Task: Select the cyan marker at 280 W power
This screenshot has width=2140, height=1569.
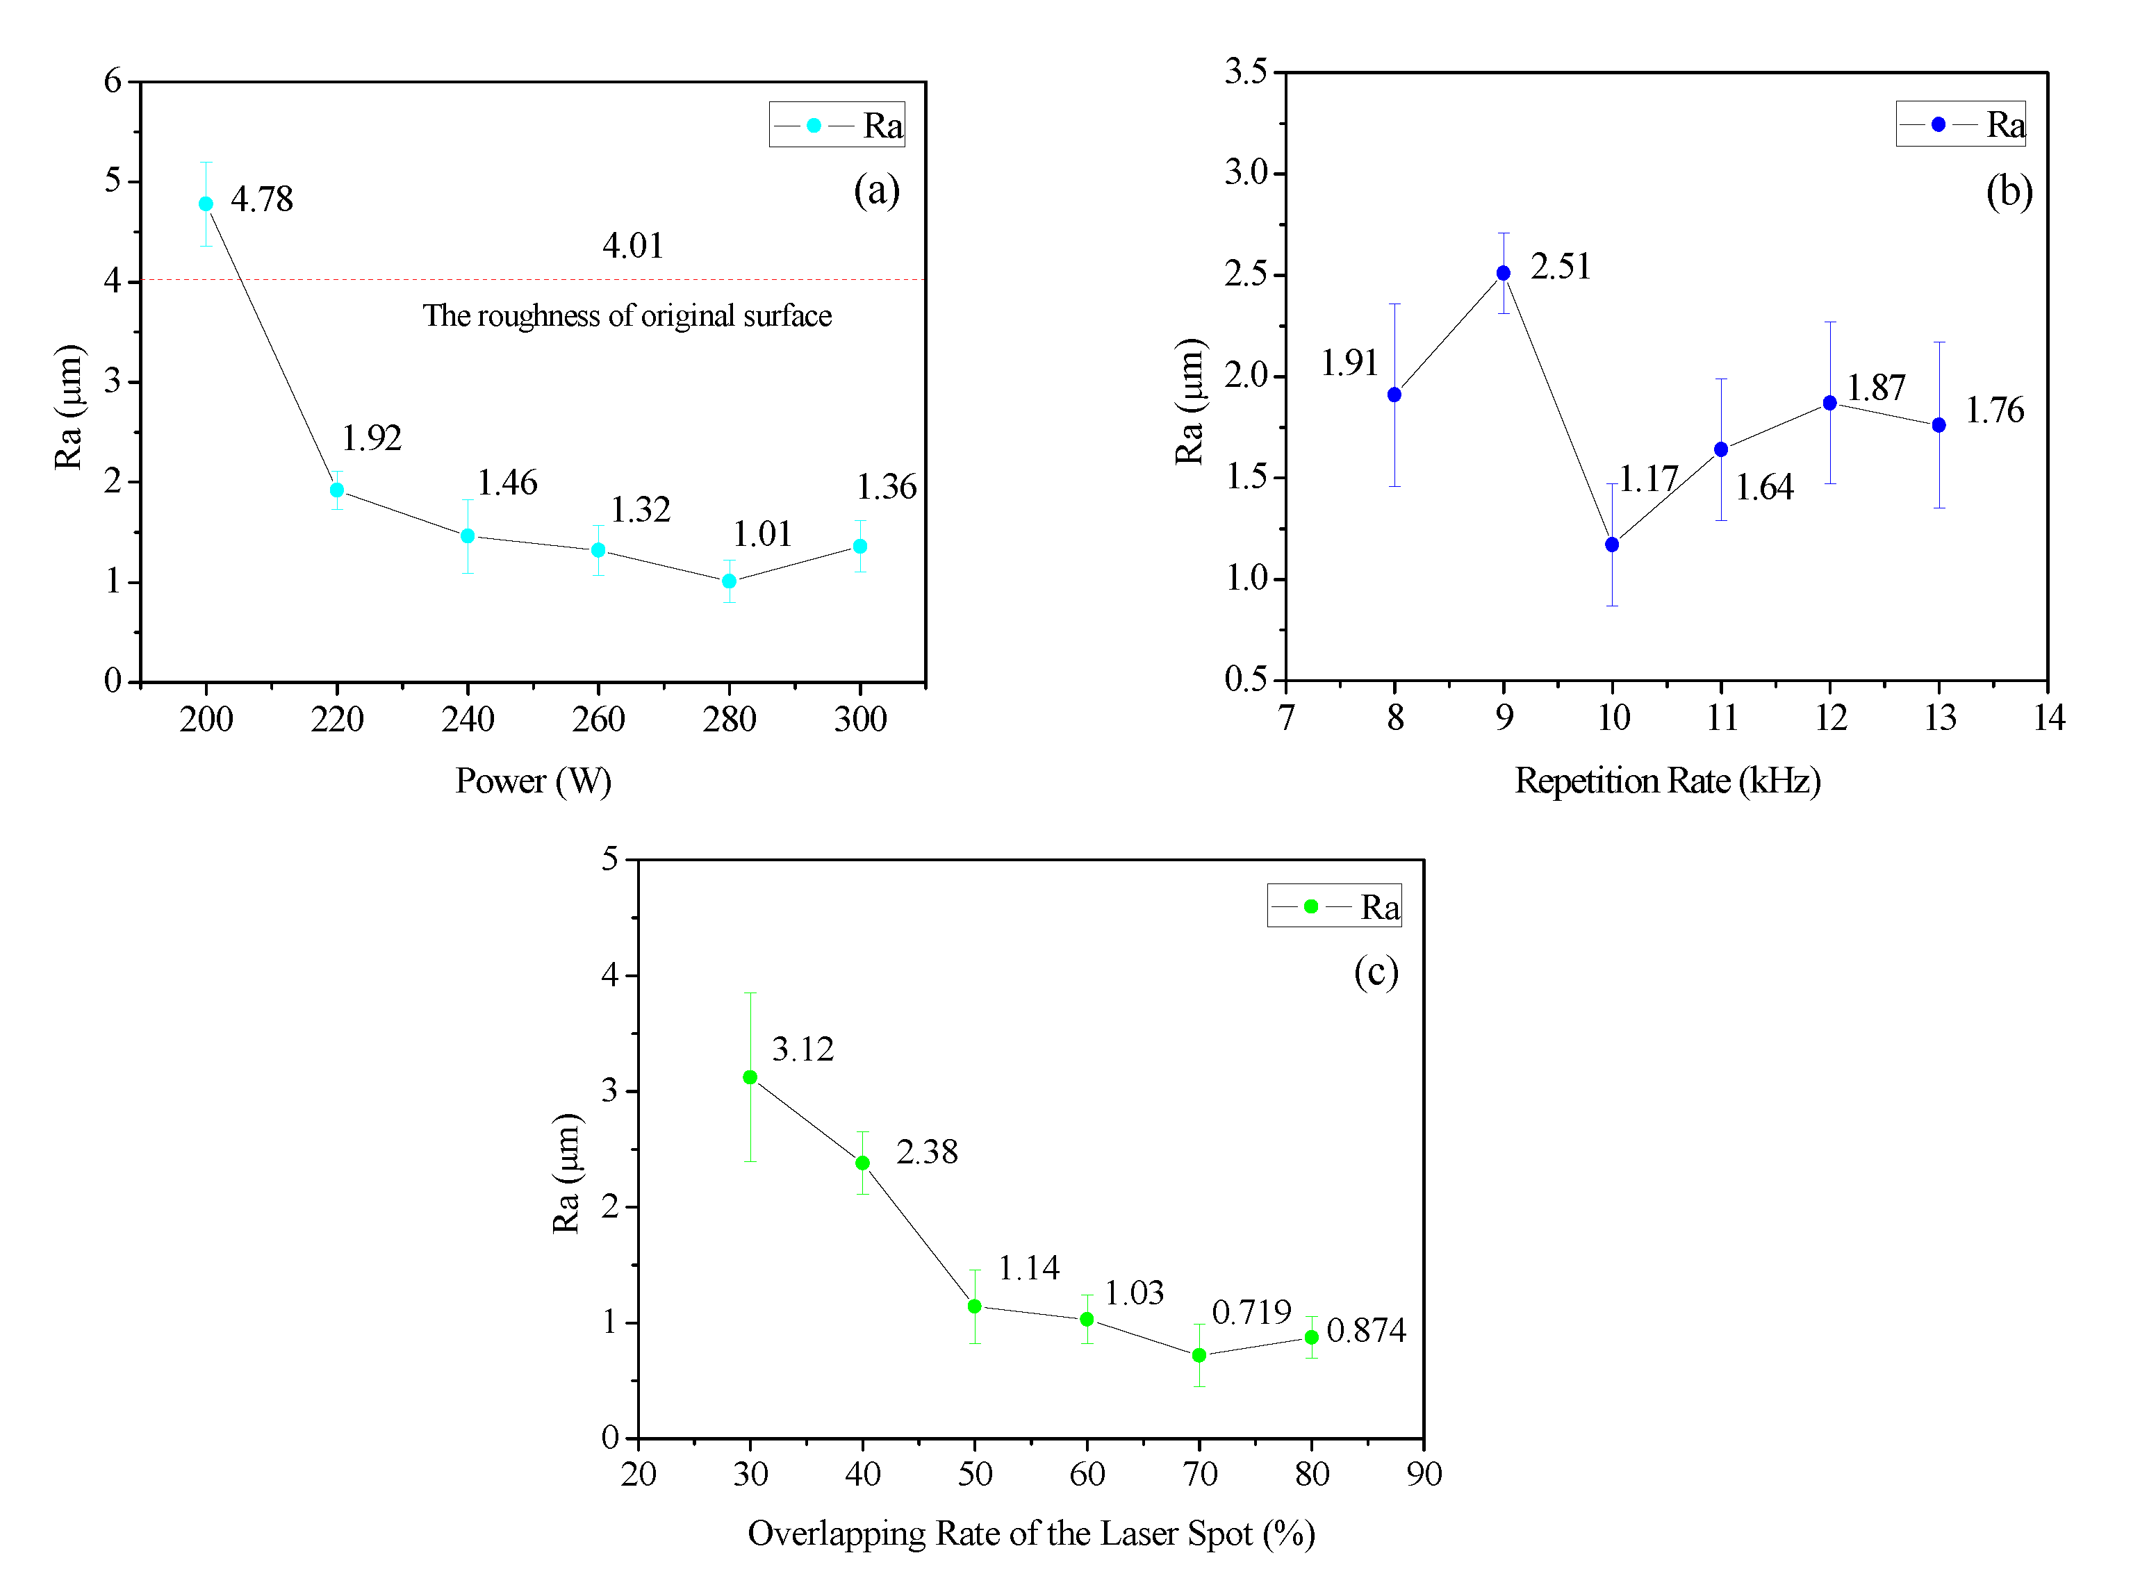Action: click(729, 581)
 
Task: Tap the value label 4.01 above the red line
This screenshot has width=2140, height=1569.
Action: click(632, 246)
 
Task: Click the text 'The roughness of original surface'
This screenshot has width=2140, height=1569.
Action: click(627, 316)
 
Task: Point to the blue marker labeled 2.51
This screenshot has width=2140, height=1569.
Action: click(1503, 274)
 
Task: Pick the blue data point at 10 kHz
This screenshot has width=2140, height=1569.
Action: click(1611, 545)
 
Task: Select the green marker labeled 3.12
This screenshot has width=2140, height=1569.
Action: click(750, 1077)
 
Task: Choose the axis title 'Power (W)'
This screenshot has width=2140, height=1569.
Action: click(533, 781)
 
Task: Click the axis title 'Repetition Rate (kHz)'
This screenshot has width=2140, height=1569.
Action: click(1666, 781)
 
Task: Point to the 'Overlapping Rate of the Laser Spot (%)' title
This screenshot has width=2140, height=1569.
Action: click(1030, 1534)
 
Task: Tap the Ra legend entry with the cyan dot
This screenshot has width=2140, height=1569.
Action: click(836, 126)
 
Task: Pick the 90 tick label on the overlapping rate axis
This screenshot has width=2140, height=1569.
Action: click(1423, 1474)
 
